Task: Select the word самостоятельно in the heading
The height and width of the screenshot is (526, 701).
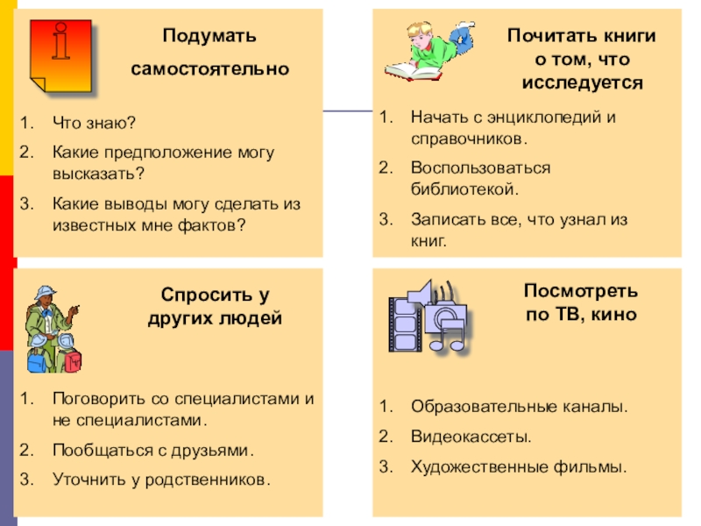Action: point(209,68)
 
